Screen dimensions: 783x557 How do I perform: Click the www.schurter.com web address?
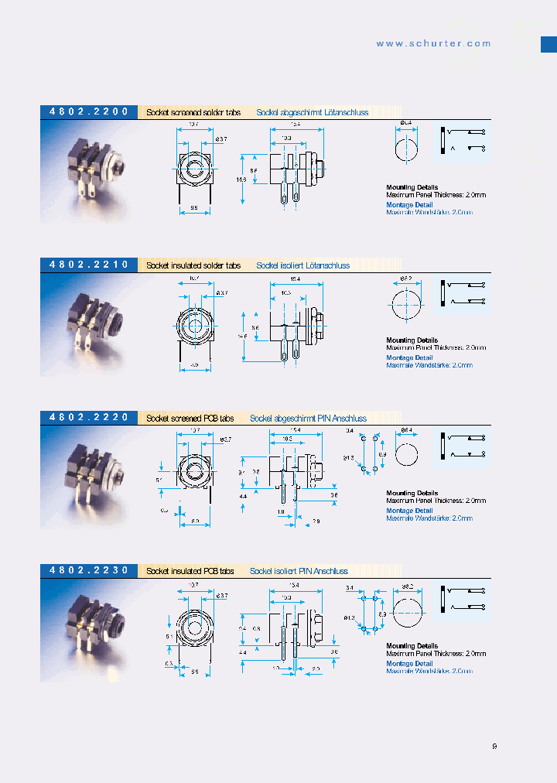433,44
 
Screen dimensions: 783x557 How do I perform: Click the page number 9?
494,747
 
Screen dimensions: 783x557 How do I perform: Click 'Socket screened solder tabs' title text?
193,113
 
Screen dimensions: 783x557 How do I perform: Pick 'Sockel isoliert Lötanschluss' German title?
302,265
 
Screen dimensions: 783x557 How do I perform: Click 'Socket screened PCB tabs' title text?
190,419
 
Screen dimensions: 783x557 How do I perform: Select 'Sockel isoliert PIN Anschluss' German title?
299,571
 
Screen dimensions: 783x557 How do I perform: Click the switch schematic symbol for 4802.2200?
463,142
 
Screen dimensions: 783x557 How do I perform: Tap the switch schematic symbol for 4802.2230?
463,600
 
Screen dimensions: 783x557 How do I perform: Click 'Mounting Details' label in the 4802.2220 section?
412,493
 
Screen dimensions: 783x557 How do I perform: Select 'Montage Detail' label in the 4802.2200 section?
409,205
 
